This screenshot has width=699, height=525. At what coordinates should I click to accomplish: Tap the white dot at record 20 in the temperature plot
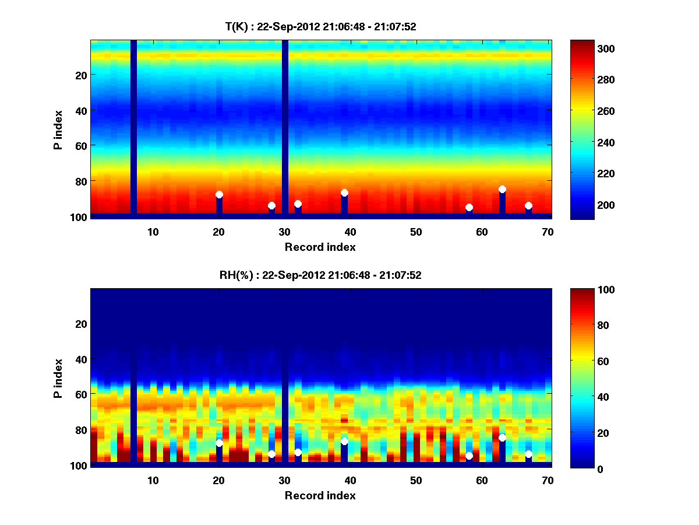tap(219, 195)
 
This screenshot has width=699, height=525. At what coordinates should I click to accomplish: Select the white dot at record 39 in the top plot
tap(344, 193)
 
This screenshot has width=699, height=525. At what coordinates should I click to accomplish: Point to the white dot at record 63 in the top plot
tap(502, 190)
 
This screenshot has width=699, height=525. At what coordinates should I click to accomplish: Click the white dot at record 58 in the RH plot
tap(469, 456)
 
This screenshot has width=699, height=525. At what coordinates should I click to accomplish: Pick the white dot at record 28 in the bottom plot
tap(271, 454)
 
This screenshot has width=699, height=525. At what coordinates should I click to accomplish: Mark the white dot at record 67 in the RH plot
tap(528, 454)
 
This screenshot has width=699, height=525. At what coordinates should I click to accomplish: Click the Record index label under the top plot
tap(320, 247)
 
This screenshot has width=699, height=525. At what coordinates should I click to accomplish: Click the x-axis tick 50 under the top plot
tap(416, 232)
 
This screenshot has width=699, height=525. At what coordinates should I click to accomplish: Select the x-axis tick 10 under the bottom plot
tap(153, 480)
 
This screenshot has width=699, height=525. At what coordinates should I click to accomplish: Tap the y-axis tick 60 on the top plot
tap(80, 145)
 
